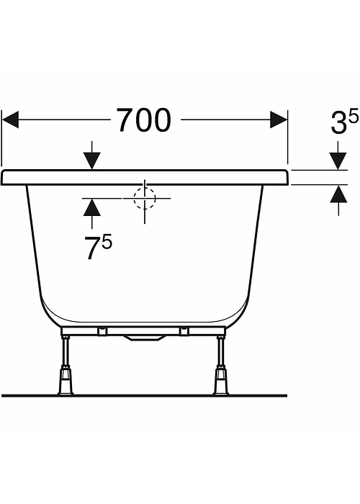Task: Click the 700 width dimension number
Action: (143, 120)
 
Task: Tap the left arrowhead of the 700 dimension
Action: (10, 120)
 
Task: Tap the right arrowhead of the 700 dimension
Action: (279, 120)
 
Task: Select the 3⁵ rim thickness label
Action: (344, 122)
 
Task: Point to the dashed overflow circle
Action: (145, 198)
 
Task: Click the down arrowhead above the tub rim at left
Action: (92, 161)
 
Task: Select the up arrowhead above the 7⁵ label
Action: (92, 207)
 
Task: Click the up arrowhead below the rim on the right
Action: (338, 194)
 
